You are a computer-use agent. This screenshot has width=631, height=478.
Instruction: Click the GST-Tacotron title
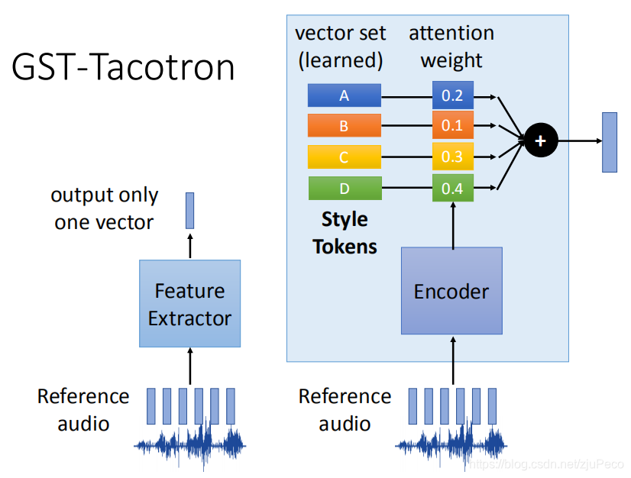pos(123,68)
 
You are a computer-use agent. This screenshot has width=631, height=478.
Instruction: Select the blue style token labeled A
pos(344,95)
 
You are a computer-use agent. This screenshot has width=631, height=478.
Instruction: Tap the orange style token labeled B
pos(344,126)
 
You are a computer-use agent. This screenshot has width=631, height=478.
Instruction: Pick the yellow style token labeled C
pos(344,157)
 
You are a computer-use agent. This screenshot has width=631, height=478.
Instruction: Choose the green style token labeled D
pos(344,188)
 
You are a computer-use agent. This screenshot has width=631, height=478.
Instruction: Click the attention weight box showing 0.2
pos(452,95)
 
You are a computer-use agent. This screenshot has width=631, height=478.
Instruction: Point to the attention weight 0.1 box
pos(452,126)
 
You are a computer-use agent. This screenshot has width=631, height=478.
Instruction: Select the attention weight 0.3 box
pos(452,157)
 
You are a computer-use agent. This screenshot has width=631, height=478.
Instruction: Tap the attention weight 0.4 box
pos(452,188)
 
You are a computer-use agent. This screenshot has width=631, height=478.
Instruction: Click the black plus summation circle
pos(541,140)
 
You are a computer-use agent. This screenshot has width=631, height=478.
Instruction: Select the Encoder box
pos(451,291)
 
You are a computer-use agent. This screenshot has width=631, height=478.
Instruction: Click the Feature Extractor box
pos(189,304)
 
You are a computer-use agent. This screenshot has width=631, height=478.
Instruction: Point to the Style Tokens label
pos(345,233)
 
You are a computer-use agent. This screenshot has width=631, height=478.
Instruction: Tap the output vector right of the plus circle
pos(609,142)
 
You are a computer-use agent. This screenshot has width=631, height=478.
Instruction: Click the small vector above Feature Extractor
pos(189,211)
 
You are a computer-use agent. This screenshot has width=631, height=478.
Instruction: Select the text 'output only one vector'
pos(104,208)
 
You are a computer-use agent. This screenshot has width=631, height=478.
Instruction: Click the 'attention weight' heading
pos(451,47)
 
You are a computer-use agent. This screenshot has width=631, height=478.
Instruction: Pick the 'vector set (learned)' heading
pos(341,47)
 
